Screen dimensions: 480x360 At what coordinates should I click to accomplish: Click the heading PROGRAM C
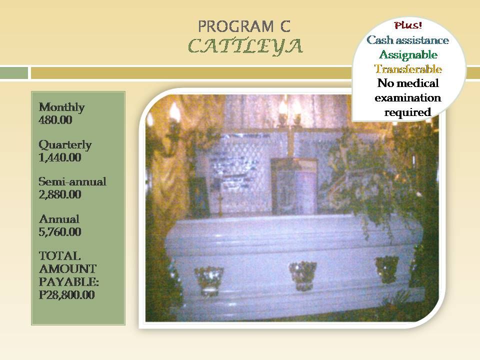244,26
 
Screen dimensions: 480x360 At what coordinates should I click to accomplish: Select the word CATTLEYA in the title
245,46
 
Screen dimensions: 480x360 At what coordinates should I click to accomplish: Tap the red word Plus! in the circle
408,25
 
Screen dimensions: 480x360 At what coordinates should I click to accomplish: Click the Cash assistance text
408,40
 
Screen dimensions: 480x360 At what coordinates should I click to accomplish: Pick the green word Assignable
408,55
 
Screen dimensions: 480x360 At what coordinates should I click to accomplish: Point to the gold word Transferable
408,69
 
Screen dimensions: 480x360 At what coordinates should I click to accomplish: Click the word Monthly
62,107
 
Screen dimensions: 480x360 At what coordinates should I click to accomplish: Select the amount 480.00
55,119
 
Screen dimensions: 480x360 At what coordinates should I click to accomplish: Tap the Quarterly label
65,145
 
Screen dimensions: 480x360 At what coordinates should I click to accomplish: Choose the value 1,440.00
60,157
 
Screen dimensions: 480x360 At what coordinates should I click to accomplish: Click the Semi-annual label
72,182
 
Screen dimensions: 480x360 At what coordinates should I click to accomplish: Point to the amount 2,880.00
60,194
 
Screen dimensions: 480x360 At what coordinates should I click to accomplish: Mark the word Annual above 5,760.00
59,219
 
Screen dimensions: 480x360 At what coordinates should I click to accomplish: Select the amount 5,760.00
60,232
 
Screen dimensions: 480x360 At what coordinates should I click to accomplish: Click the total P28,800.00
66,295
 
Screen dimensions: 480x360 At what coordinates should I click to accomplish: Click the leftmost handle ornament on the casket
209,279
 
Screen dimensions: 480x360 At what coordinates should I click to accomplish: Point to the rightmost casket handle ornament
387,269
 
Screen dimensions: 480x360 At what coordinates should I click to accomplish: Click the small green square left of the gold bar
14,73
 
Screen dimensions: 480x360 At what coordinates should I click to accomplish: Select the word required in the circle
408,112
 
